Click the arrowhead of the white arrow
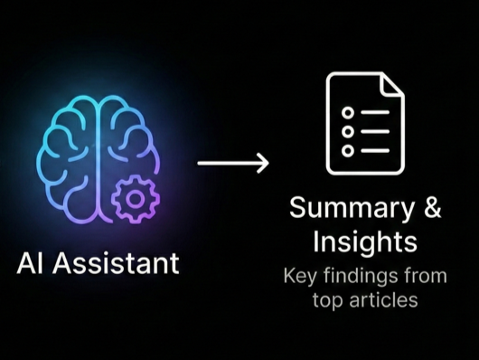coord(263,163)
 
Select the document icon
coord(365,123)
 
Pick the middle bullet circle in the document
coord(346,130)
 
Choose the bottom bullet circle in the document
coord(346,150)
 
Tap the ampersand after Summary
coord(431,208)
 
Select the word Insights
coord(365,242)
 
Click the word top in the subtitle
coord(329,299)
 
